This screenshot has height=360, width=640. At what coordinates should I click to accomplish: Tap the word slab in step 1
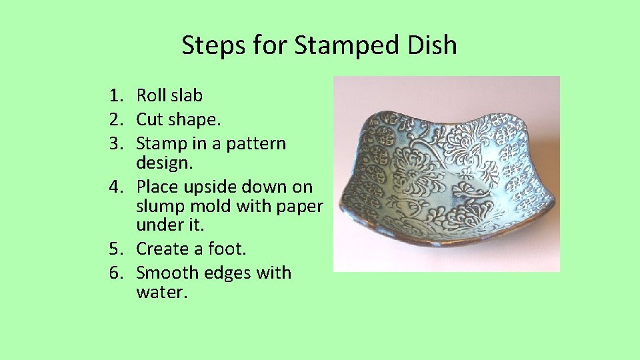[x=187, y=96]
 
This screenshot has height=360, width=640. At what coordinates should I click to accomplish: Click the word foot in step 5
[x=227, y=249]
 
